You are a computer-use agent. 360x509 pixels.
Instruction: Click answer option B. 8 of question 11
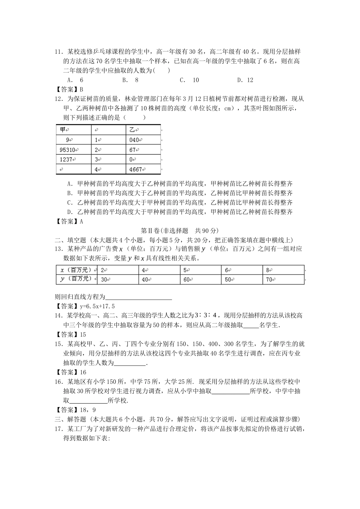(130, 80)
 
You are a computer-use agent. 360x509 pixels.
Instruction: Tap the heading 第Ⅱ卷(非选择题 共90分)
(180, 230)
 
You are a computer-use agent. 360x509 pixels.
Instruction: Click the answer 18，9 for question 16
(88, 410)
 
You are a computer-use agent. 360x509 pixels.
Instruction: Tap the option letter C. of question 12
(70, 203)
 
